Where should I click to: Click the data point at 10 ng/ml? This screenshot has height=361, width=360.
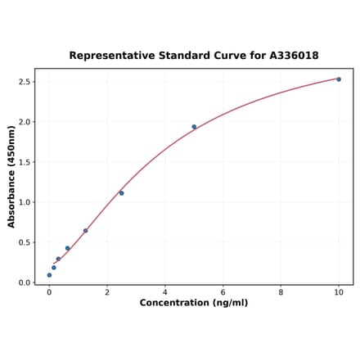click(x=339, y=79)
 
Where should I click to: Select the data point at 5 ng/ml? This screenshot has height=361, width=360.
click(x=194, y=127)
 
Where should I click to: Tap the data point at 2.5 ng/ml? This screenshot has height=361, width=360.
click(x=122, y=193)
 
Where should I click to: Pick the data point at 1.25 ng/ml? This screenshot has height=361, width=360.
click(x=85, y=231)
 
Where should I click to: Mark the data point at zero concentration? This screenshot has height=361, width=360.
click(x=49, y=275)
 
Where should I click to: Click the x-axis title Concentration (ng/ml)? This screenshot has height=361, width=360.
click(x=194, y=303)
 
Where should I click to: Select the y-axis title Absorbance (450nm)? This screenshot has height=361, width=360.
click(x=11, y=177)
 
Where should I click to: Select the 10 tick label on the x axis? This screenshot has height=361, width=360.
click(x=339, y=291)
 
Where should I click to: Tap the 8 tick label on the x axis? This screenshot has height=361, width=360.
click(x=281, y=291)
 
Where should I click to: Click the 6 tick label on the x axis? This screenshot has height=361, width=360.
click(x=223, y=291)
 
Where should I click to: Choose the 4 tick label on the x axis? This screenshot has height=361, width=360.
click(x=165, y=291)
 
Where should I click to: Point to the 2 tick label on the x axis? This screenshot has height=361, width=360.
click(x=107, y=291)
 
